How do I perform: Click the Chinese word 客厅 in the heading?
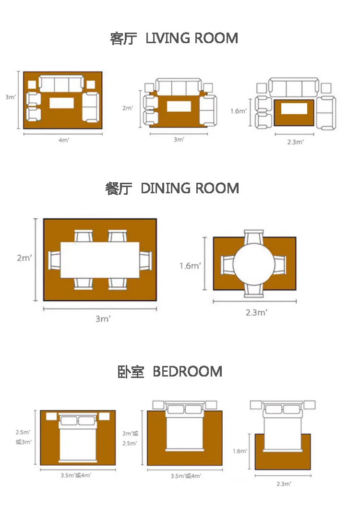click(x=123, y=38)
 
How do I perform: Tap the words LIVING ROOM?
click(x=192, y=38)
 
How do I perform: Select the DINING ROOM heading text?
click(x=190, y=188)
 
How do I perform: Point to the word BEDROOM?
click(x=188, y=372)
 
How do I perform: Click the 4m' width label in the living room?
click(x=64, y=140)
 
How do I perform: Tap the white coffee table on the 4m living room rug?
click(x=61, y=103)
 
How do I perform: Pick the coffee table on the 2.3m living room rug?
click(x=294, y=108)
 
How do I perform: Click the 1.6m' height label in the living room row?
click(x=239, y=111)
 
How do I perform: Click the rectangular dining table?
click(x=100, y=260)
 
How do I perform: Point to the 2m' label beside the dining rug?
click(x=24, y=258)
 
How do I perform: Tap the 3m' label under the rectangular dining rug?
click(x=103, y=319)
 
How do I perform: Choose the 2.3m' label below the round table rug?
click(x=256, y=312)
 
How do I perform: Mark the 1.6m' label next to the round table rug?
click(x=190, y=266)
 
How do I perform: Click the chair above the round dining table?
click(x=254, y=236)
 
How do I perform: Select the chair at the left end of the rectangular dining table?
click(x=54, y=260)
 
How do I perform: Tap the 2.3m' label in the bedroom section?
click(x=284, y=483)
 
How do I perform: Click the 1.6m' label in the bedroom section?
click(x=240, y=451)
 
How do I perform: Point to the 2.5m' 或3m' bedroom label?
click(x=24, y=437)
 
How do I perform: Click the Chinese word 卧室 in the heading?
click(x=131, y=372)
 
